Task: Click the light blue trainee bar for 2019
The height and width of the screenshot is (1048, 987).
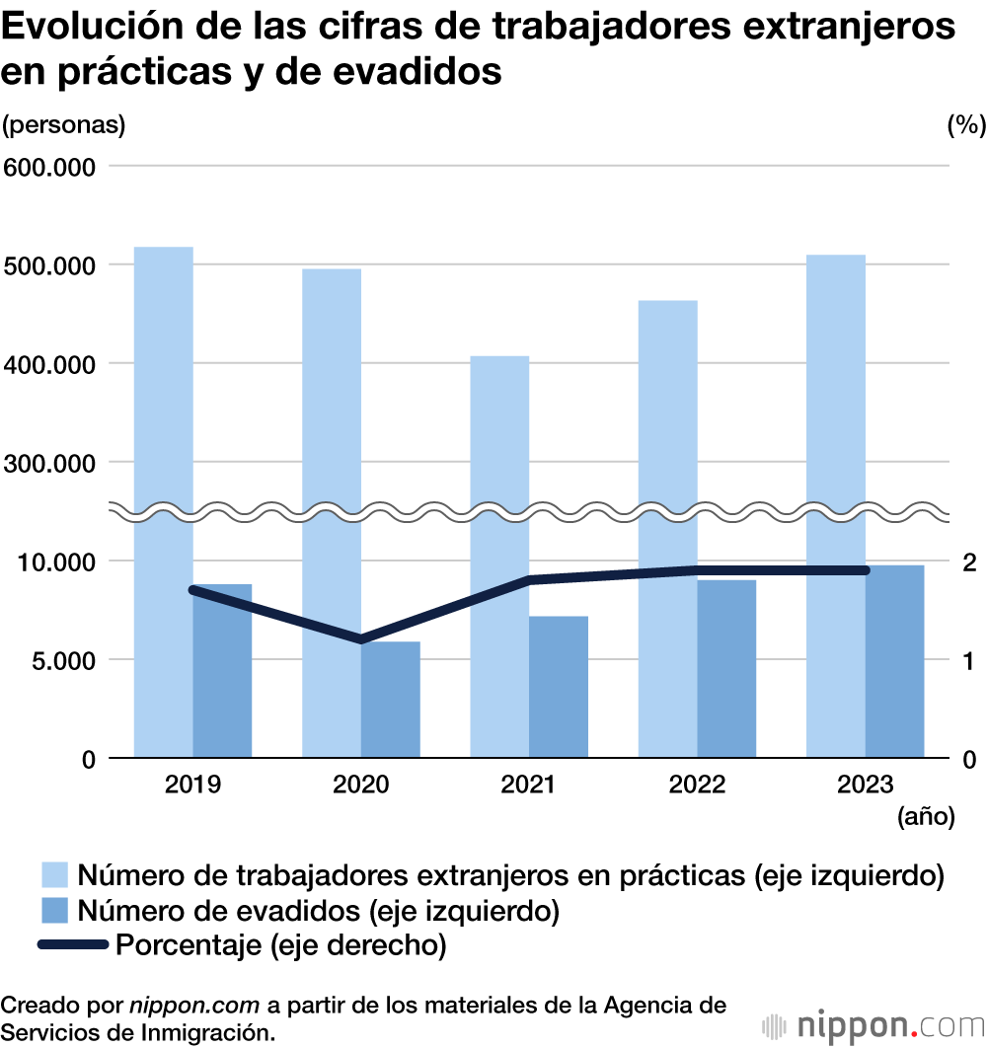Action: click(164, 395)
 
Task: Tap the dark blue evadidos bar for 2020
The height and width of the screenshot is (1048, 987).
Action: click(391, 700)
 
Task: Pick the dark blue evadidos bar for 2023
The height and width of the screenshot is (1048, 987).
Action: click(895, 661)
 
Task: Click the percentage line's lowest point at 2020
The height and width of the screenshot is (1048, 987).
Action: click(361, 638)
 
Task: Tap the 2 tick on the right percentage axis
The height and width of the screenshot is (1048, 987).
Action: click(969, 561)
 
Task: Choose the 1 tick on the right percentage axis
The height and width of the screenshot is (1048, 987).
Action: click(969, 660)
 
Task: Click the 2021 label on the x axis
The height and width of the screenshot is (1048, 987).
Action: click(529, 786)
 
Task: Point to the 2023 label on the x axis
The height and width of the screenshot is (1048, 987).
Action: click(865, 786)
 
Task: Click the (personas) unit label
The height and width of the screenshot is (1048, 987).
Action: click(64, 125)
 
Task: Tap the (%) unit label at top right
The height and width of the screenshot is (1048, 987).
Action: click(965, 125)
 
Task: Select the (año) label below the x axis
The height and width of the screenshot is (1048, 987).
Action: click(926, 816)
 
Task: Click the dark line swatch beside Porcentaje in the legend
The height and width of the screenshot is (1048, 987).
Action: click(72, 945)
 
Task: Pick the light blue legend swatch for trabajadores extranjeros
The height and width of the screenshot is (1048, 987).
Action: click(55, 874)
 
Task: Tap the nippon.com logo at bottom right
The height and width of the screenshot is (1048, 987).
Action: click(873, 1024)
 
